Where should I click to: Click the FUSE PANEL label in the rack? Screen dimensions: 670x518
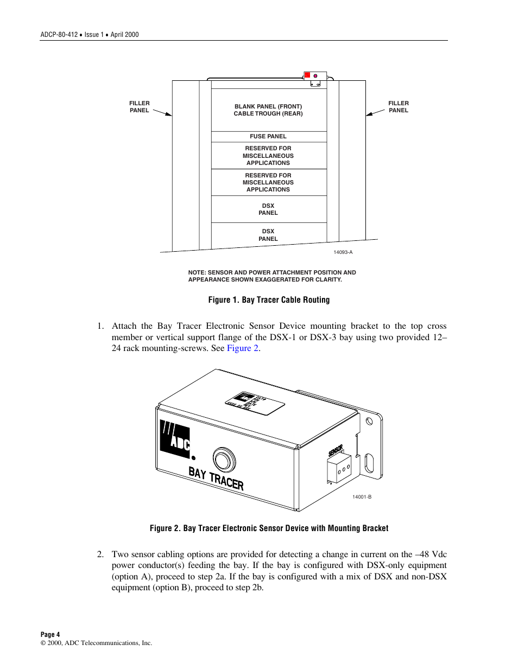coord(268,137)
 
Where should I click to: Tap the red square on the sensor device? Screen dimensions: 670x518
coord(307,75)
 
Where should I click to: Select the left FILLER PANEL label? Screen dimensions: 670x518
coord(139,107)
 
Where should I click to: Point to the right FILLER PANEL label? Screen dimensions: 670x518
coord(398,107)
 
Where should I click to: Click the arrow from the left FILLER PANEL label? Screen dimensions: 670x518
coord(162,113)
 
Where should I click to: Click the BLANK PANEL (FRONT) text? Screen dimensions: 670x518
coord(268,106)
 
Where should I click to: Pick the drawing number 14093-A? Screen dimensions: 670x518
coord(343,252)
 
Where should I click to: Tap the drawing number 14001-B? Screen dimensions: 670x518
coord(362,497)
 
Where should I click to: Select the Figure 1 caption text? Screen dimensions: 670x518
coord(269,300)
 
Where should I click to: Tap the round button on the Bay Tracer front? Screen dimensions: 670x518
coord(224,460)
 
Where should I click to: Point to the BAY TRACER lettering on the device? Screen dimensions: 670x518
coord(216,478)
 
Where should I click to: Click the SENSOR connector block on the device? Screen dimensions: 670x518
coord(339,468)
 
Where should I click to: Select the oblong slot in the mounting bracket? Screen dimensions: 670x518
coord(369,463)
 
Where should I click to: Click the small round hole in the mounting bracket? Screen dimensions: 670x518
coord(370,421)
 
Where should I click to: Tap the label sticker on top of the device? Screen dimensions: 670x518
coord(255,403)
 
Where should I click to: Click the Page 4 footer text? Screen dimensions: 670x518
coord(50,634)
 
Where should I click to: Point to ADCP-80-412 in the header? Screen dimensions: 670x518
coord(59,35)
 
